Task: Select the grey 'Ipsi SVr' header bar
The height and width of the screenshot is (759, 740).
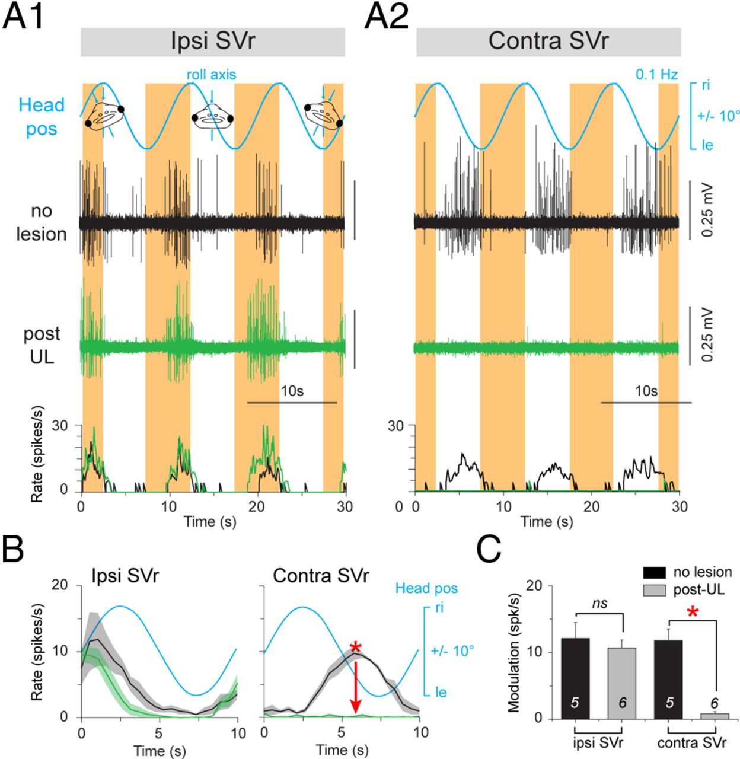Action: point(212,42)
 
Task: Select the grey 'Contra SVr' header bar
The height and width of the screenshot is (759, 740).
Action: point(548,42)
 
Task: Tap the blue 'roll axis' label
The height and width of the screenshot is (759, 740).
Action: point(211,75)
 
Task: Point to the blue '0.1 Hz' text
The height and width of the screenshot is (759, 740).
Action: point(656,75)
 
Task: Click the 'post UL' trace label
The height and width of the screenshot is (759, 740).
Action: point(42,345)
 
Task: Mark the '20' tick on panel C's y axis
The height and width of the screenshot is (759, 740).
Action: point(537,586)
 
